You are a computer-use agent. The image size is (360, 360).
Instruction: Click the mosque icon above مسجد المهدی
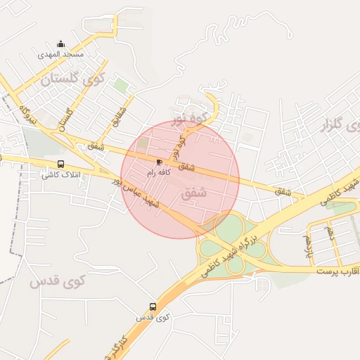coord(60,44)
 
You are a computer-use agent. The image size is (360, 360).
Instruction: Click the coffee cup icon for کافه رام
coord(159,162)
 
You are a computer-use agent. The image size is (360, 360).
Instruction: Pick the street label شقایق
coord(118,118)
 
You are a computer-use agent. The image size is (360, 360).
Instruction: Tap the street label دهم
coord(328,231)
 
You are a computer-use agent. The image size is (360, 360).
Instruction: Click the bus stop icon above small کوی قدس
coord(153,307)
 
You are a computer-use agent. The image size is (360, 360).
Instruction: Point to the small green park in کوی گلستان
coord(121,86)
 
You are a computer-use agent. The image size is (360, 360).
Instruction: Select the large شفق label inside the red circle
coord(194,192)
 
